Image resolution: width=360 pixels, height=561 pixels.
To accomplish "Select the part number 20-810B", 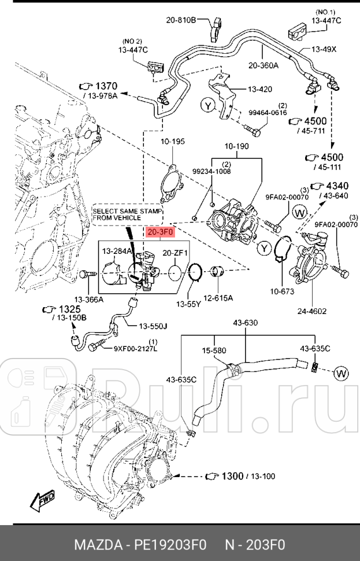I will click(180, 21).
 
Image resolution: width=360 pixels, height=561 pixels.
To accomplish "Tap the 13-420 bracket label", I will click(259, 89).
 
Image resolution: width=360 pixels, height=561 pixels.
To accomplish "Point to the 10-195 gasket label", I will click(173, 141).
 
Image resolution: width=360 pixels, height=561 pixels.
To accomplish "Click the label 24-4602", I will click(313, 311).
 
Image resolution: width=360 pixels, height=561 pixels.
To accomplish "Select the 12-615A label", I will click(221, 298).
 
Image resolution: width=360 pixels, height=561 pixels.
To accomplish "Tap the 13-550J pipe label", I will click(153, 327).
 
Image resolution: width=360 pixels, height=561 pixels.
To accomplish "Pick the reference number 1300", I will click(232, 476).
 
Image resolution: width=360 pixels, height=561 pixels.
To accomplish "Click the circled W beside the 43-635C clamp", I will click(342, 374).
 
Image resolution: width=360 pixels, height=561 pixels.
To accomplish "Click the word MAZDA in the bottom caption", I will click(95, 545).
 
